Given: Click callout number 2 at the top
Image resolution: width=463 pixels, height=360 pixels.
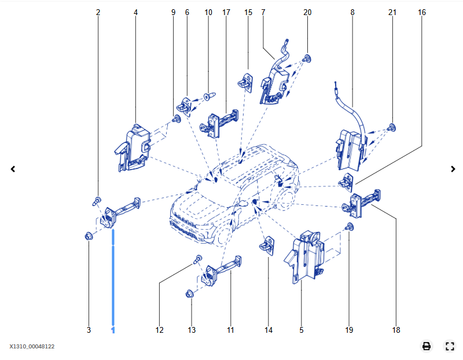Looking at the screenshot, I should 98,12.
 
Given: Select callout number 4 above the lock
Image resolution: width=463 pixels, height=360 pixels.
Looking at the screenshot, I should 135,12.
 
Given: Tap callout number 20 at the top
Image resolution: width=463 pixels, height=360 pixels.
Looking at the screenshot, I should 307,12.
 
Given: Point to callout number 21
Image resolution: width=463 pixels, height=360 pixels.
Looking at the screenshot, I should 392,12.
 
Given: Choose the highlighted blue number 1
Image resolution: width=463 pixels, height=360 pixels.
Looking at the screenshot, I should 113,330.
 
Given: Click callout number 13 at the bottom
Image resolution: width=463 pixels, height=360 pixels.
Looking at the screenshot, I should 192,330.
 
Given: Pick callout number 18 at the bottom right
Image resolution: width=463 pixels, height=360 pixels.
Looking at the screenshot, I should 396,330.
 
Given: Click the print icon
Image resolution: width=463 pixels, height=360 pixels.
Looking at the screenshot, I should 427,346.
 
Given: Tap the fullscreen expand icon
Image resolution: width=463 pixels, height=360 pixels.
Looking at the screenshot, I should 450,346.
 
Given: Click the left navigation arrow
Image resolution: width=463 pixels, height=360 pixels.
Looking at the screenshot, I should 13,169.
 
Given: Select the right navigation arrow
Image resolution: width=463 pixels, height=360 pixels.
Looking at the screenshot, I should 453,169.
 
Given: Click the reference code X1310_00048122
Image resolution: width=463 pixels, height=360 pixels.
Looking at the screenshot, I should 32,347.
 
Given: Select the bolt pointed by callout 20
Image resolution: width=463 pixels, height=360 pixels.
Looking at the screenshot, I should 307,58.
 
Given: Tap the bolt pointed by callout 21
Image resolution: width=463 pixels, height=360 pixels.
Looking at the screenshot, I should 392,127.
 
